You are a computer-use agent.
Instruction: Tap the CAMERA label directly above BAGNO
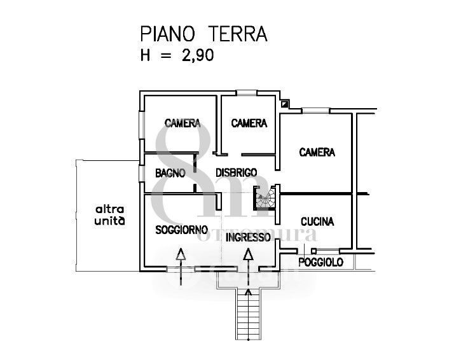(x=182, y=123)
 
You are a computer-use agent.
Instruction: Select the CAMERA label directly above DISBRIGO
(x=249, y=123)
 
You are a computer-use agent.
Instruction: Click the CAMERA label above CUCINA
(x=317, y=152)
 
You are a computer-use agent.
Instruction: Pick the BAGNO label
(x=170, y=172)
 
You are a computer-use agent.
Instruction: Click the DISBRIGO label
(x=236, y=172)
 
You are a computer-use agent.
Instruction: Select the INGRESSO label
(x=248, y=237)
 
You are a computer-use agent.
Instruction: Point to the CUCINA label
(x=317, y=221)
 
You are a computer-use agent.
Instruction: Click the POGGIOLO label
(x=321, y=262)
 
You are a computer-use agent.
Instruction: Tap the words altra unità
(x=109, y=216)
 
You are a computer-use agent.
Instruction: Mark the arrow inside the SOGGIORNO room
(x=181, y=263)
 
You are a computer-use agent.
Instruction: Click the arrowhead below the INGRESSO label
(x=248, y=255)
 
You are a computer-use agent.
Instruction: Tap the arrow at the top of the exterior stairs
(x=247, y=294)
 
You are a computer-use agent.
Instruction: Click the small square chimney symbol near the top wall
(x=284, y=104)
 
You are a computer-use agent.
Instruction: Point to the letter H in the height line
(x=146, y=55)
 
